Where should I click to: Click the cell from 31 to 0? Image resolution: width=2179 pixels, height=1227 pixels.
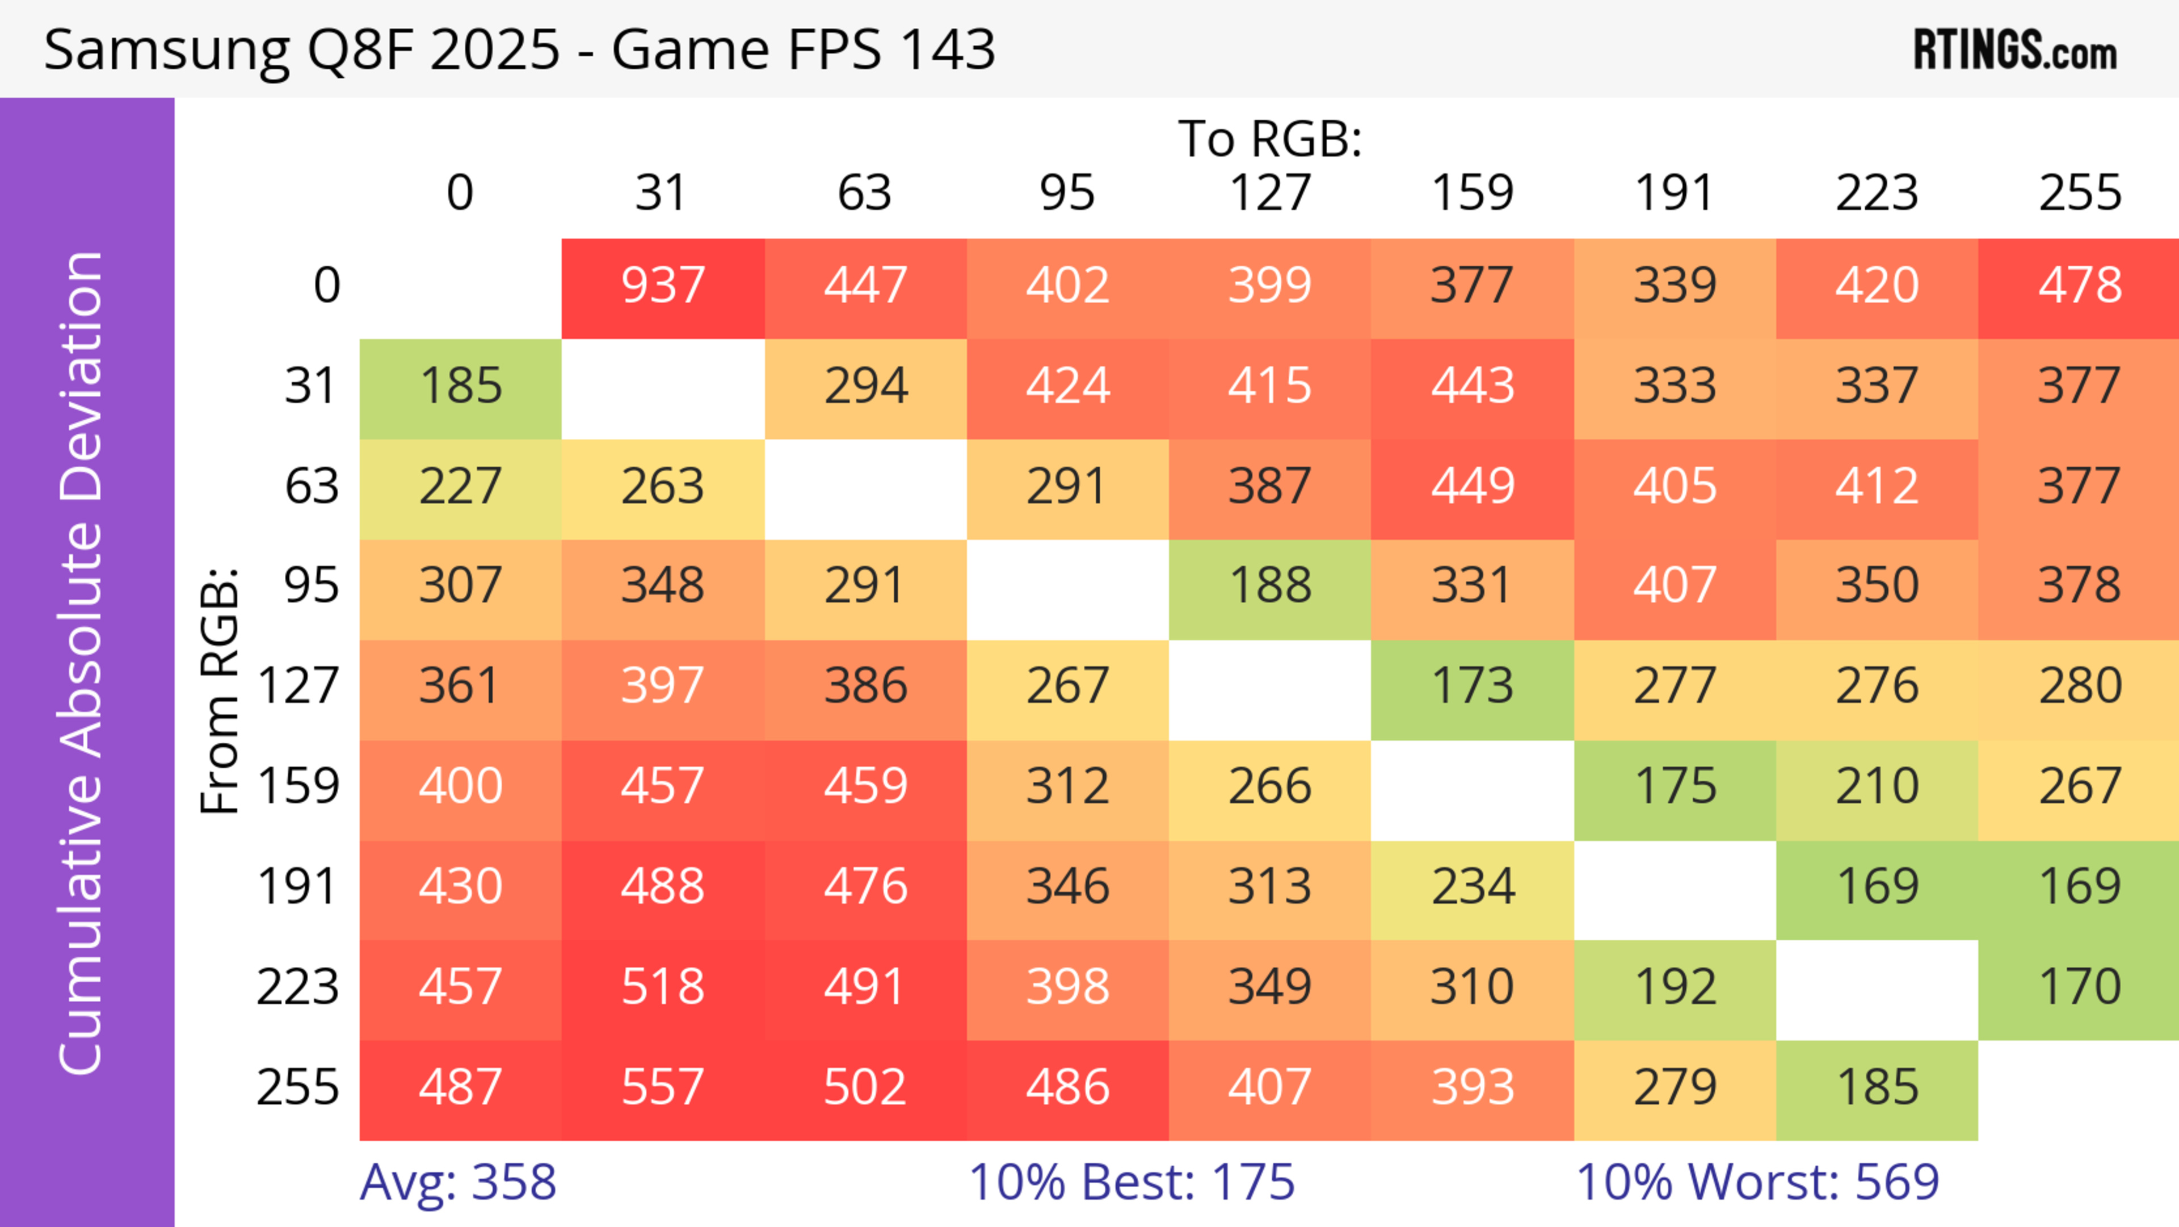point(460,387)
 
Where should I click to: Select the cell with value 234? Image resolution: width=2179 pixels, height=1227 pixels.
point(1472,887)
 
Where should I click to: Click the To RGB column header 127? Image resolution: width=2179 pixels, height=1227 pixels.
point(1270,193)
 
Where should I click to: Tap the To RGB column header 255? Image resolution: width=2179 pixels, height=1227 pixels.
point(2079,193)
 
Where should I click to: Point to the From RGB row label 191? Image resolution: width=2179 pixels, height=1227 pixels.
point(298,887)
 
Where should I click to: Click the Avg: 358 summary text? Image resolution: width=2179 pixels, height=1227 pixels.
point(457,1182)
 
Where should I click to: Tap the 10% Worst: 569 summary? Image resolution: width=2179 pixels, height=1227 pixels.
point(1757,1182)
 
